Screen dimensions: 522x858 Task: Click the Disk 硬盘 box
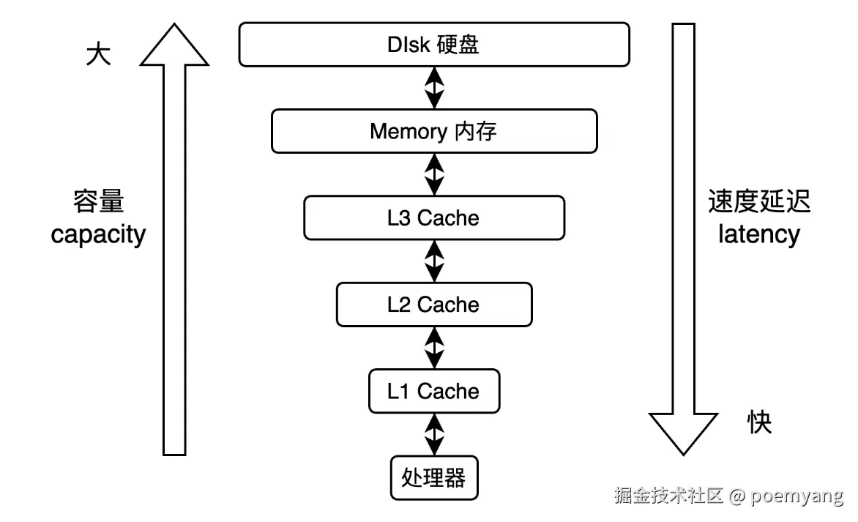434,45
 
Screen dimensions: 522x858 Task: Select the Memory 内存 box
434,131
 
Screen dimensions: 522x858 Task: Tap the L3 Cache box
434,217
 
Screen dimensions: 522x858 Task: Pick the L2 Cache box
434,304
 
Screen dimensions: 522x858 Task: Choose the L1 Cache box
434,391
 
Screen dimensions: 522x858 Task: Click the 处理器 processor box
434,477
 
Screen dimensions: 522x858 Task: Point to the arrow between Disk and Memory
434,88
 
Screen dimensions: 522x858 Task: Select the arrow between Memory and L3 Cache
434,174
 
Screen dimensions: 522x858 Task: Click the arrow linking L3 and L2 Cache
434,261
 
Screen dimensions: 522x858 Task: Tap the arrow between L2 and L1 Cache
434,348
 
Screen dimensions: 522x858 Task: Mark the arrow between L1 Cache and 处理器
434,434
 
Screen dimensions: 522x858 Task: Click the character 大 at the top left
99,56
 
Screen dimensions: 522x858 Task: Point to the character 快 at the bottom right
759,422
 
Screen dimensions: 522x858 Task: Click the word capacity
99,234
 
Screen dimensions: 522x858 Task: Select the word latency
759,234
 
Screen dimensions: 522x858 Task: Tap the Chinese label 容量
99,201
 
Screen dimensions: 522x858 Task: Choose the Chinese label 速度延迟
759,201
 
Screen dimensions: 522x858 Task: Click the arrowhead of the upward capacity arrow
174,45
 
